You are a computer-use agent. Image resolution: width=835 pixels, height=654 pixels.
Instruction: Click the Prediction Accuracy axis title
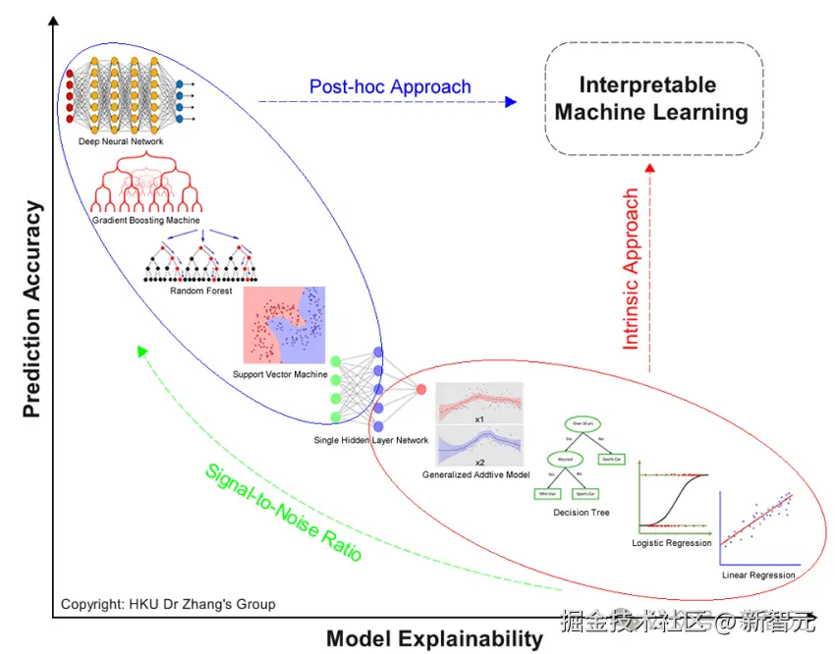(32, 308)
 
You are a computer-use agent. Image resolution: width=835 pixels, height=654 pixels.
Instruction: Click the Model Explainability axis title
(434, 638)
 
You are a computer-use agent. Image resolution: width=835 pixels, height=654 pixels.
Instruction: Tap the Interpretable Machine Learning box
(654, 99)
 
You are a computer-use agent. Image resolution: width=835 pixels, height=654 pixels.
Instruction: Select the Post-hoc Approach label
(390, 86)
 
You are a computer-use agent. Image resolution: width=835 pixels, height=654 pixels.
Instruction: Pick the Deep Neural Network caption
(121, 141)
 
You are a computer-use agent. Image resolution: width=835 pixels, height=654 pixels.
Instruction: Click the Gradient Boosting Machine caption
(146, 221)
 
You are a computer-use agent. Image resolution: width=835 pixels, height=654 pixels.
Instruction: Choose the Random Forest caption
(200, 291)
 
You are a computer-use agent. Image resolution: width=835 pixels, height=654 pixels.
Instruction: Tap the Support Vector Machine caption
(280, 374)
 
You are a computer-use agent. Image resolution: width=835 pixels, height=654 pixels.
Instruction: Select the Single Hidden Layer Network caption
(371, 440)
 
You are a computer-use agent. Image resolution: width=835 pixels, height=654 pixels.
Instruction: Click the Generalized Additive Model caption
(475, 474)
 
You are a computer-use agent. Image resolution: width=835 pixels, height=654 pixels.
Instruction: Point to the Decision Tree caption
(582, 512)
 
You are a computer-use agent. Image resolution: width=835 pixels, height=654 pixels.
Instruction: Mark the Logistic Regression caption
(672, 543)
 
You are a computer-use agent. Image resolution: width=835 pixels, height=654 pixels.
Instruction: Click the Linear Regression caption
(758, 574)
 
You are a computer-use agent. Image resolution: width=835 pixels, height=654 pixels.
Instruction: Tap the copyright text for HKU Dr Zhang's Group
(168, 604)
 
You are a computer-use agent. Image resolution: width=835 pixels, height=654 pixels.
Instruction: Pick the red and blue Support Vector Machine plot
(284, 326)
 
